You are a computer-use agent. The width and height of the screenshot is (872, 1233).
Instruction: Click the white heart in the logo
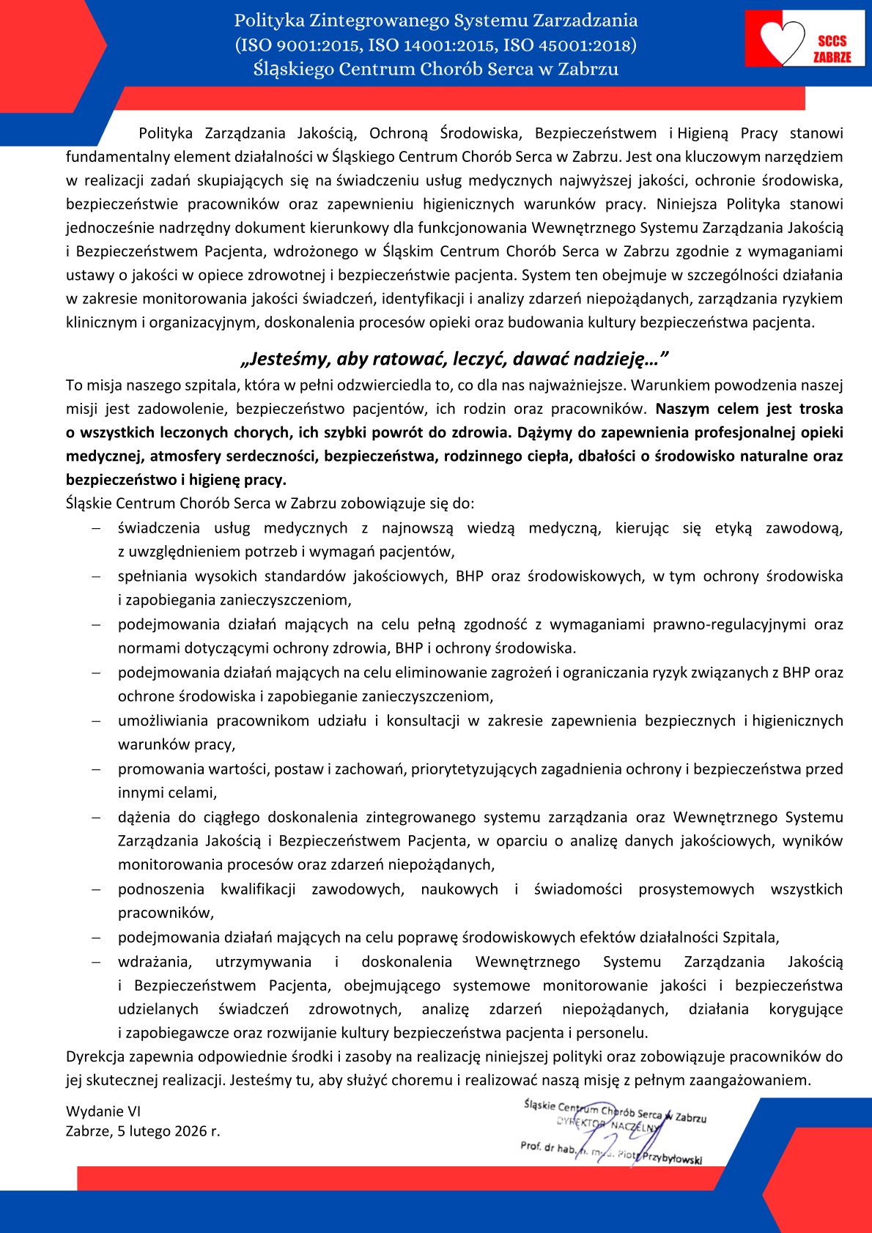(x=782, y=41)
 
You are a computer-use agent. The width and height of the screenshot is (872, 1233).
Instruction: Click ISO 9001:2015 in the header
(x=298, y=45)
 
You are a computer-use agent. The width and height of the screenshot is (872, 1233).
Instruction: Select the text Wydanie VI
(x=103, y=1111)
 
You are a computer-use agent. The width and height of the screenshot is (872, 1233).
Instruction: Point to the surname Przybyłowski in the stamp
(x=672, y=1158)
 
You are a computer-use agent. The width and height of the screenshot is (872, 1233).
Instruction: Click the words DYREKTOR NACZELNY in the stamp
(x=608, y=1125)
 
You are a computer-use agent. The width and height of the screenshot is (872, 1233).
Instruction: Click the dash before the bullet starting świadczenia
(x=96, y=528)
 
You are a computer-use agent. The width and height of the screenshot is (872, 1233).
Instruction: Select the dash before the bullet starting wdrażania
(x=96, y=962)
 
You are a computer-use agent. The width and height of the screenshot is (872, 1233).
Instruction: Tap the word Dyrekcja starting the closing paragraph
(x=95, y=1056)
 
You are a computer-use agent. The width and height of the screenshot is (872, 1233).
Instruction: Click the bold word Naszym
(x=683, y=409)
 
